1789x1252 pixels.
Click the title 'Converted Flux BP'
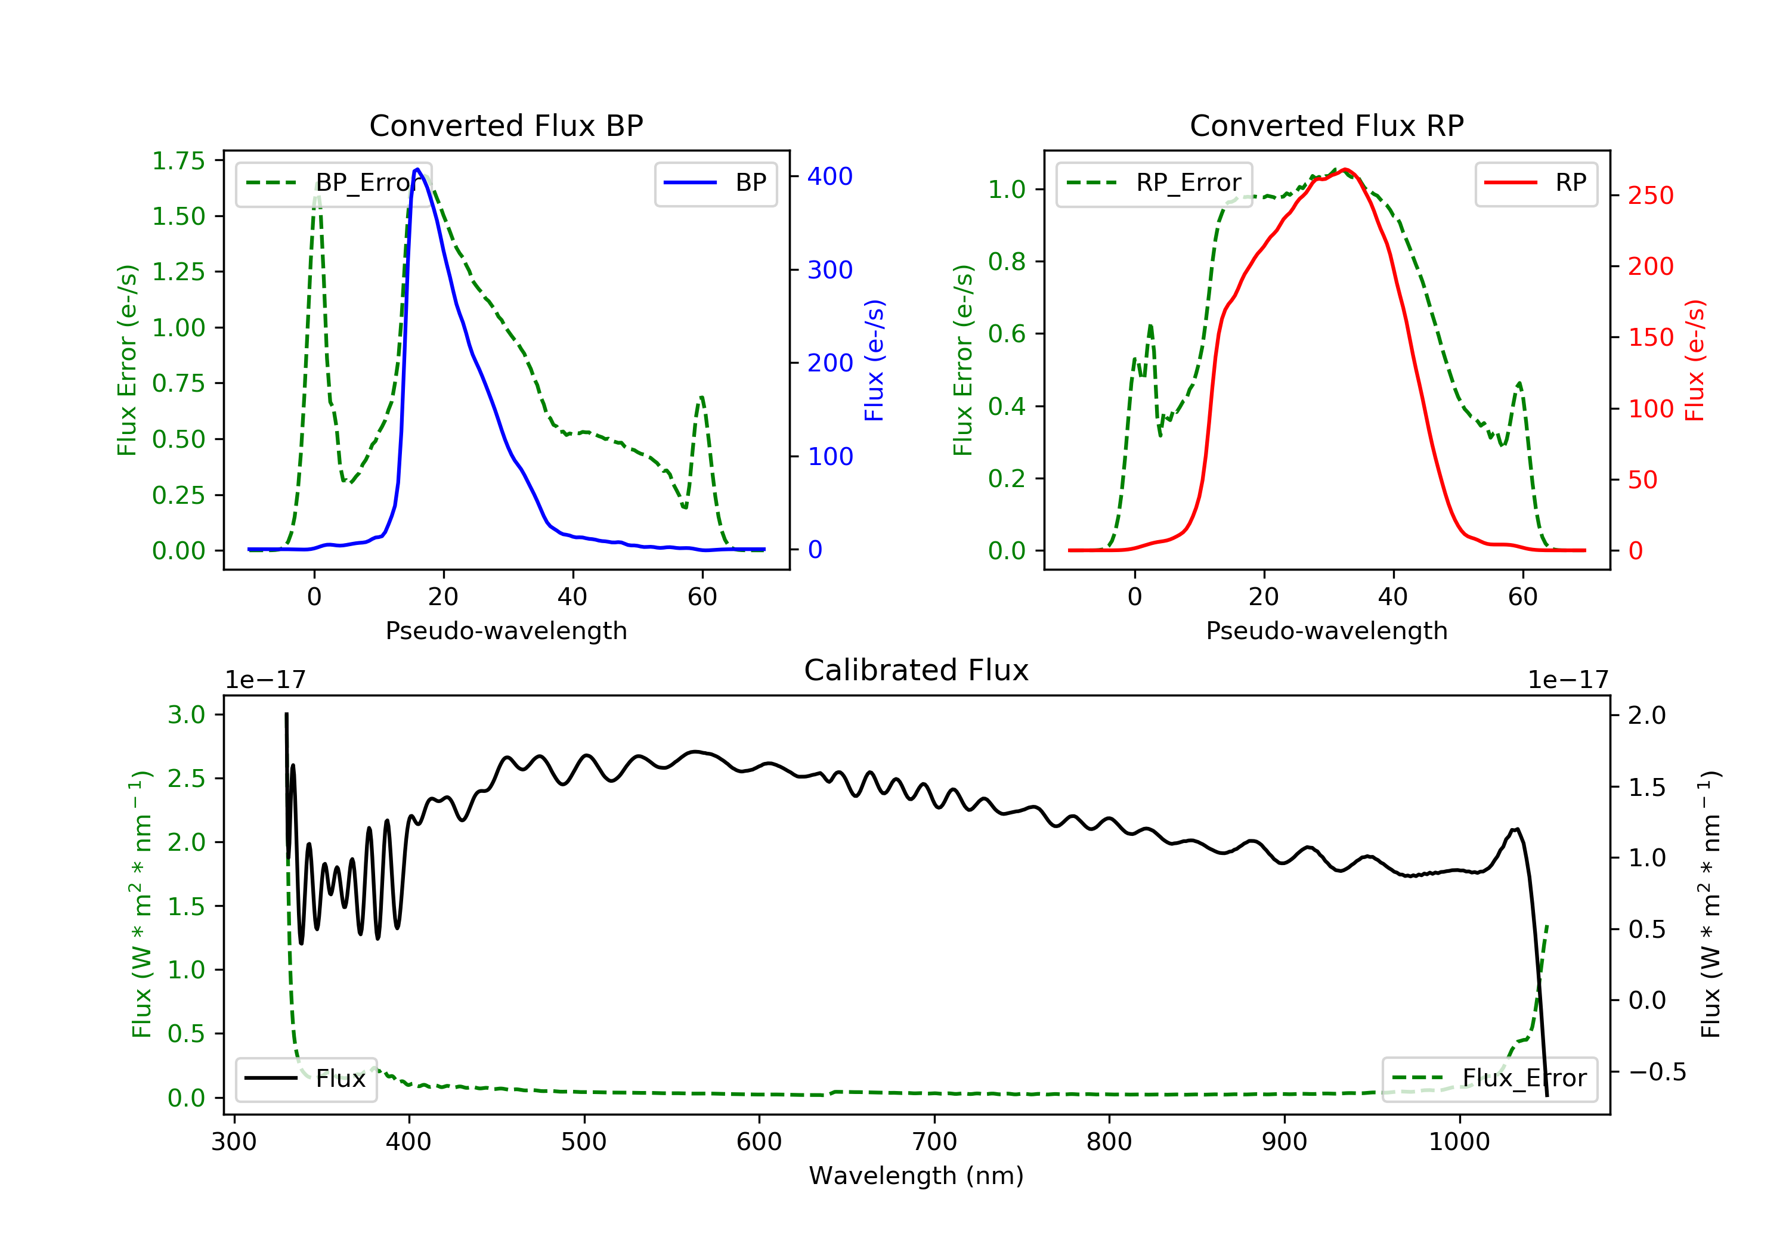(x=506, y=125)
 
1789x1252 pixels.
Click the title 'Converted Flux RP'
(x=1327, y=125)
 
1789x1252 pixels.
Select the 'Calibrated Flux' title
(x=917, y=670)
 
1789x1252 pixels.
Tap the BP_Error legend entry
(x=333, y=184)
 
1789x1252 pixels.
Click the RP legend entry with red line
(x=1536, y=184)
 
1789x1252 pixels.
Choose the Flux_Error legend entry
(x=1489, y=1079)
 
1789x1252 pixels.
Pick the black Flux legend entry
(x=307, y=1079)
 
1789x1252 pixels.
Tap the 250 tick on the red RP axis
(x=1650, y=195)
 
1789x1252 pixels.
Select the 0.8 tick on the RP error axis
(x=1007, y=261)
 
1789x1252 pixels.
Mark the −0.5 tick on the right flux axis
(x=1657, y=1072)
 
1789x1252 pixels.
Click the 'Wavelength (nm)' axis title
(x=917, y=1176)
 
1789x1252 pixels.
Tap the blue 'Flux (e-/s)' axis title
(x=875, y=360)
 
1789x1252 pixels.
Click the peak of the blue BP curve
(x=417, y=169)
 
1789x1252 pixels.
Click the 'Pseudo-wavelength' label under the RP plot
(x=1327, y=630)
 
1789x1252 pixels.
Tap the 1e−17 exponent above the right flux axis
(x=1568, y=680)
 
